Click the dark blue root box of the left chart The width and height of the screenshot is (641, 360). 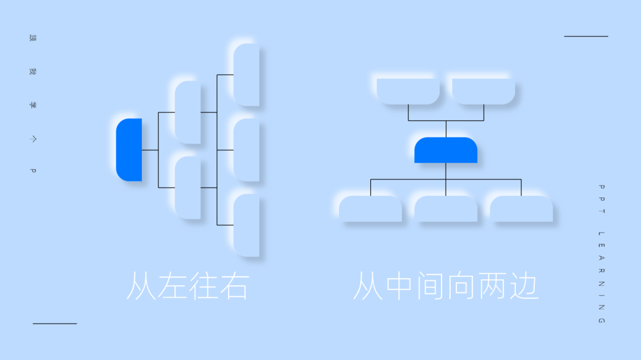coord(129,149)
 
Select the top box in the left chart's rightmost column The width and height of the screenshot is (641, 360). coord(246,75)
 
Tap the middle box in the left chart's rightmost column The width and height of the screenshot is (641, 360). coord(246,150)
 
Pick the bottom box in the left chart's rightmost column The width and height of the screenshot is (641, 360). coord(246,225)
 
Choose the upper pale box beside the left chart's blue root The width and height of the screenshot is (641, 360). coord(188,112)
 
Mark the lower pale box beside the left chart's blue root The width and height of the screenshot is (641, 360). coord(188,187)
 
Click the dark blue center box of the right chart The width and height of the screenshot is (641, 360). coord(446,150)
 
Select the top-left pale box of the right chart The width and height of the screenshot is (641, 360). coord(408,91)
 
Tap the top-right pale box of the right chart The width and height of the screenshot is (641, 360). coord(483,91)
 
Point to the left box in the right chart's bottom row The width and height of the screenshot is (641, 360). coord(370,209)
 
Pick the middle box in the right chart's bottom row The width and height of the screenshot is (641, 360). coord(446,209)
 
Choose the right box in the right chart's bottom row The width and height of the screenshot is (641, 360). coord(521,209)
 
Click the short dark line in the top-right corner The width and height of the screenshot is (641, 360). coord(586,36)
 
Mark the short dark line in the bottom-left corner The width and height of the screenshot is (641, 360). coord(55,323)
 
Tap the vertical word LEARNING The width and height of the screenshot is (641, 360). coord(601,277)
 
